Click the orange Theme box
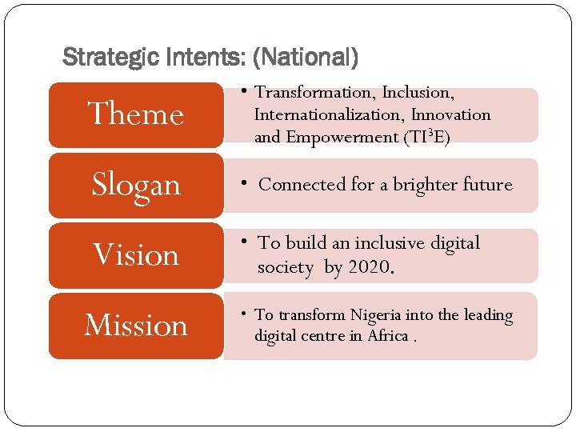point(136,114)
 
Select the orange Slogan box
point(136,185)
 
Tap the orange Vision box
point(136,255)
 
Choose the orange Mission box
point(136,326)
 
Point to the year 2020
point(369,266)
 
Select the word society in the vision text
point(286,266)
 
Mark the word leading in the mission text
point(487,315)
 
